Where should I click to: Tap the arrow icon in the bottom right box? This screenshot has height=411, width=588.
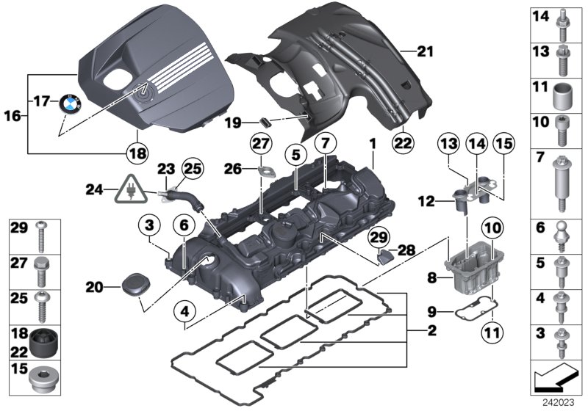click(556, 379)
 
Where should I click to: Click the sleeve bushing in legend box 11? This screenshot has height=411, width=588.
click(562, 95)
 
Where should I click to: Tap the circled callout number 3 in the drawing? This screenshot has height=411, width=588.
click(148, 224)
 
